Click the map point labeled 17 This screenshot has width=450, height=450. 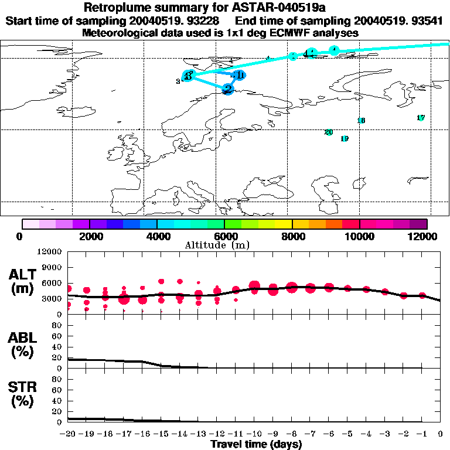tap(421, 118)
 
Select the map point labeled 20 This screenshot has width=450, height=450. tap(329, 132)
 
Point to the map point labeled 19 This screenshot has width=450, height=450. tap(345, 139)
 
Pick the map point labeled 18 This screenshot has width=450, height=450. tap(361, 121)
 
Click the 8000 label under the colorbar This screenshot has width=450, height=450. tap(291, 236)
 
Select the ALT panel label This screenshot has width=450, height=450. tap(22, 281)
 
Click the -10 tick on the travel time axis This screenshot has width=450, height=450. tap(254, 434)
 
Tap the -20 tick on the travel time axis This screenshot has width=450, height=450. tap(68, 434)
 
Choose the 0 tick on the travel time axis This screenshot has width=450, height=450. tap(441, 434)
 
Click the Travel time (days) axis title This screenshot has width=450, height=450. tap(256, 445)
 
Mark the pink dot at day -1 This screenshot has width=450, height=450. tap(422, 296)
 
